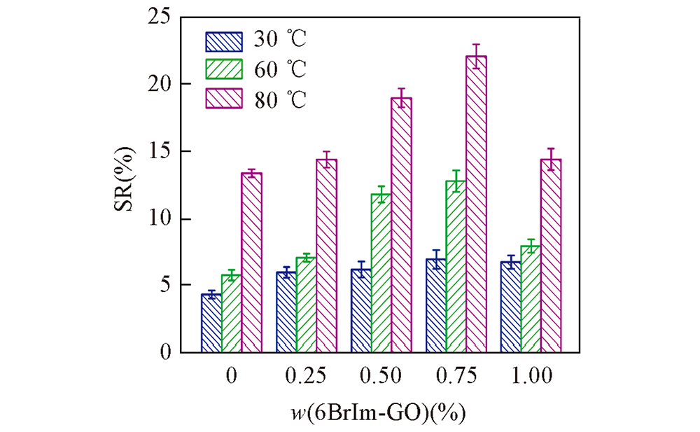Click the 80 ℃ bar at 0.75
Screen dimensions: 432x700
(x=476, y=203)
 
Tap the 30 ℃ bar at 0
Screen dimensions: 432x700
(x=211, y=323)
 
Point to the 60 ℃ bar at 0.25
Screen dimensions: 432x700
(x=307, y=305)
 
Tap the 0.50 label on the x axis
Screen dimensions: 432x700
(x=381, y=376)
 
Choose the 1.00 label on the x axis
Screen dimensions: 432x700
(x=531, y=376)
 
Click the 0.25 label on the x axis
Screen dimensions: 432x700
(x=307, y=376)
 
